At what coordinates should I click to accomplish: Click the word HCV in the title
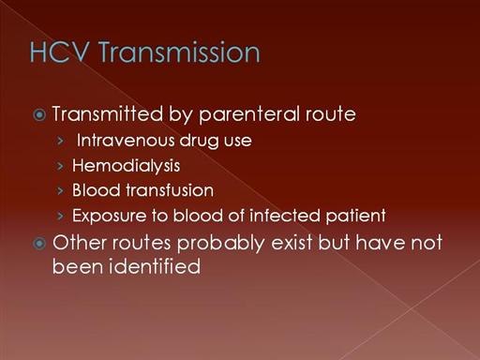(x=59, y=52)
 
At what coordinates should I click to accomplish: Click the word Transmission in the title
(x=179, y=52)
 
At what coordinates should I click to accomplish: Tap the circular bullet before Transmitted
(x=39, y=115)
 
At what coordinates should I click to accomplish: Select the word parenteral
(x=249, y=115)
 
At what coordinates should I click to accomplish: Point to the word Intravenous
(x=126, y=141)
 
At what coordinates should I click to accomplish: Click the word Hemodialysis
(x=126, y=166)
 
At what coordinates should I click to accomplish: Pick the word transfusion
(x=170, y=190)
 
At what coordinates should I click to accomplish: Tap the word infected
(x=285, y=216)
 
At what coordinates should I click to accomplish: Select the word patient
(x=355, y=217)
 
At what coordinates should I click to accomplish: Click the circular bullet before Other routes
(x=39, y=244)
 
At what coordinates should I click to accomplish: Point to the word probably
(x=221, y=244)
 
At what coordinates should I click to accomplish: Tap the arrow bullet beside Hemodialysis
(x=61, y=166)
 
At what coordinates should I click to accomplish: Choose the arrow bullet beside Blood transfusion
(x=61, y=190)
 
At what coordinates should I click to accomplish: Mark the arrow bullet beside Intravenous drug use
(x=61, y=141)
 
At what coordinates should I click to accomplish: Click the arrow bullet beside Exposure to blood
(x=61, y=216)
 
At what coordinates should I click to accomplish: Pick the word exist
(x=292, y=243)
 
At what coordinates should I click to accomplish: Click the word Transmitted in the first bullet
(x=108, y=113)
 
